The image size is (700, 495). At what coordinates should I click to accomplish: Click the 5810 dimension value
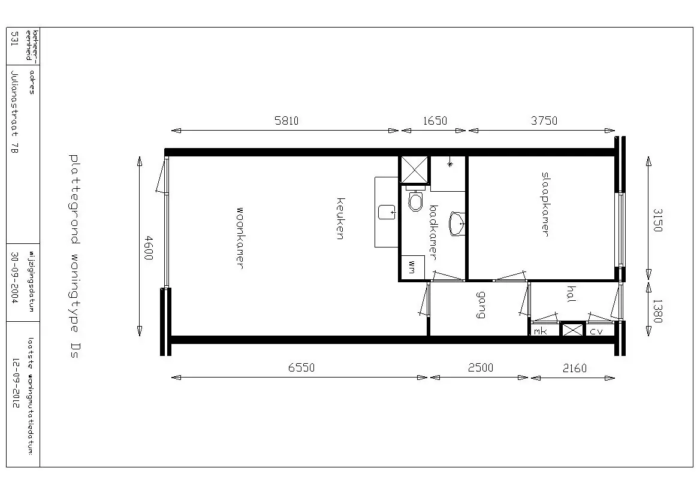[286, 120]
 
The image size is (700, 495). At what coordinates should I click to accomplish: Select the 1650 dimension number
[435, 120]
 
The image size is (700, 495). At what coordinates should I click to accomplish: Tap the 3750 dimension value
[544, 120]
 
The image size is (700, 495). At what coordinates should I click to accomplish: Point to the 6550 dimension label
[301, 367]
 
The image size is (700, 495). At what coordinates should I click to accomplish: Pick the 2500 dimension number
[481, 367]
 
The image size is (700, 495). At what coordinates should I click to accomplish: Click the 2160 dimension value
[575, 368]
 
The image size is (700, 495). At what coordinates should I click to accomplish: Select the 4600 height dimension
[149, 248]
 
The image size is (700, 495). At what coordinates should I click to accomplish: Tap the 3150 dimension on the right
[657, 220]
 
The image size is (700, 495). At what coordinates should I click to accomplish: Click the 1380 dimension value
[657, 310]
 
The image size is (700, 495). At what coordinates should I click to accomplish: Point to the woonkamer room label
[239, 238]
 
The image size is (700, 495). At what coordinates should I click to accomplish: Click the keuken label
[340, 218]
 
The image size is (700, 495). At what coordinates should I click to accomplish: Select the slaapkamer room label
[545, 204]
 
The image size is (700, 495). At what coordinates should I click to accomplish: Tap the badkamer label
[433, 232]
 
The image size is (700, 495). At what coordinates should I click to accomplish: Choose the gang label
[481, 305]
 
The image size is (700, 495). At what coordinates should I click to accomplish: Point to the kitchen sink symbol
[387, 212]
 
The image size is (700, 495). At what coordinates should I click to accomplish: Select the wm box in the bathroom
[412, 267]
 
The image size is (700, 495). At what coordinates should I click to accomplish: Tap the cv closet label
[596, 331]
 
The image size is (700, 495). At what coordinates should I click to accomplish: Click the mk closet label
[541, 331]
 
